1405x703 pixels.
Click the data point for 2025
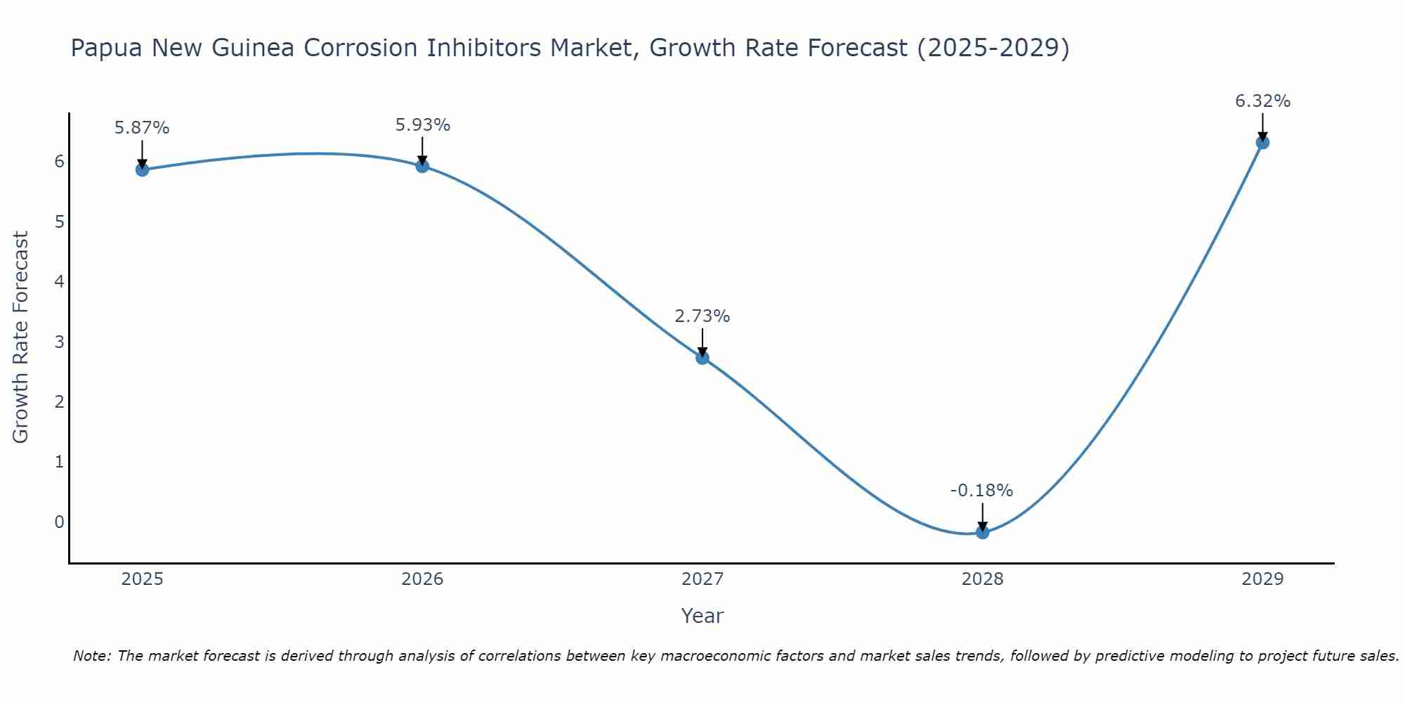point(142,169)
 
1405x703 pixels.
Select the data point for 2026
point(422,166)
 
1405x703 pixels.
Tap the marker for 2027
point(702,358)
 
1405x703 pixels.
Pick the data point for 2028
point(982,532)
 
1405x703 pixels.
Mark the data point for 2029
point(1262,143)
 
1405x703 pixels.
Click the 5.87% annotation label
point(142,128)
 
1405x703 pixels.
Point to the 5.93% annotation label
point(422,125)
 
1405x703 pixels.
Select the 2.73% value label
point(702,316)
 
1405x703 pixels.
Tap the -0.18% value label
point(981,491)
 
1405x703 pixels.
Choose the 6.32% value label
point(1262,101)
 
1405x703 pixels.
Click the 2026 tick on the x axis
point(422,579)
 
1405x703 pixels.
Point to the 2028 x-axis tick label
point(982,579)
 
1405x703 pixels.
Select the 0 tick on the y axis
point(59,522)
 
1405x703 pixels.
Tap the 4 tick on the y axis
point(59,282)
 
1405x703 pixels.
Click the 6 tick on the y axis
point(59,162)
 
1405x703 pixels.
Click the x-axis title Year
point(702,616)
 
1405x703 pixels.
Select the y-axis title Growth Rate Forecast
point(21,337)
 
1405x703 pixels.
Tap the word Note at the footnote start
point(91,656)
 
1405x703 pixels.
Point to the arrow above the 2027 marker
point(702,342)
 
